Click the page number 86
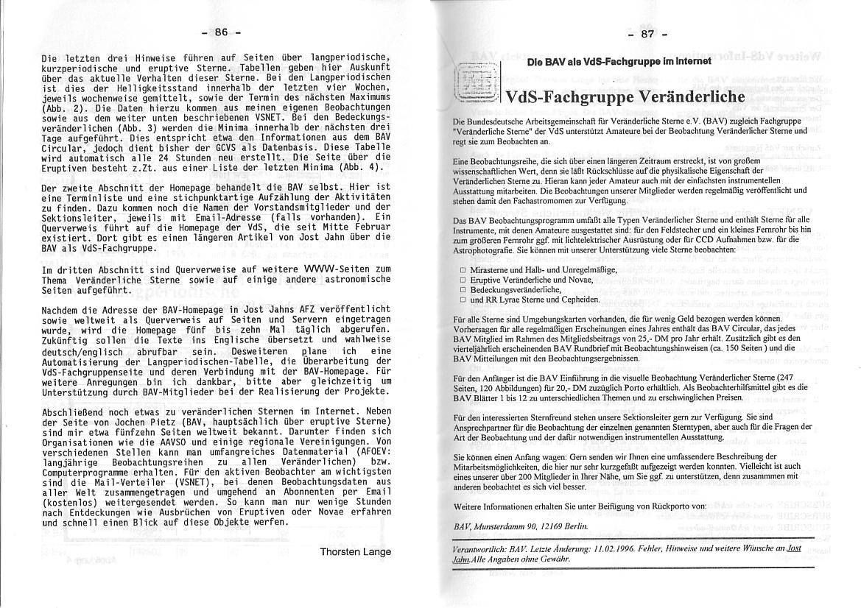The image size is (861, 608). coord(222,32)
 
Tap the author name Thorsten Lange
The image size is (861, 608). coord(356,551)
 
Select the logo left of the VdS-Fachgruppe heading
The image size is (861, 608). coord(476,84)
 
